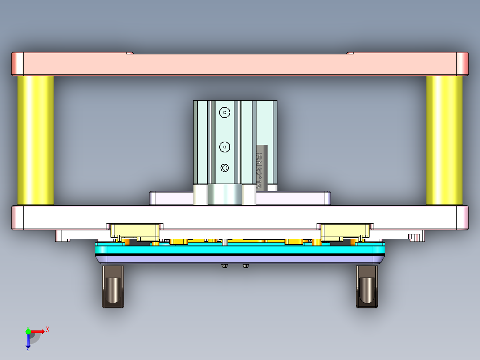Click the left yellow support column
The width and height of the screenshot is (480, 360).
point(36,140)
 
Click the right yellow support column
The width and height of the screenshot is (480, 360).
point(444,140)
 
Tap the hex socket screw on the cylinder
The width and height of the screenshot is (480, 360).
point(225,168)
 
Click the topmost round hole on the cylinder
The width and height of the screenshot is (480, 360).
point(225,113)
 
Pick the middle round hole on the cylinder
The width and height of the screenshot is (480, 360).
point(225,146)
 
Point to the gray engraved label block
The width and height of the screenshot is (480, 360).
point(261,167)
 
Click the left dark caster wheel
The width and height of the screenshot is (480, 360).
point(113,287)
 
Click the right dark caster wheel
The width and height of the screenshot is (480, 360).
point(367,287)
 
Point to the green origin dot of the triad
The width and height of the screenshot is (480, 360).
point(28,331)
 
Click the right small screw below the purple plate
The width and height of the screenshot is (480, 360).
point(246,266)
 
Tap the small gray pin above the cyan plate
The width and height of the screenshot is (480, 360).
point(225,242)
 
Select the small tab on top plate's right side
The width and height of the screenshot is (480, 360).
point(350,53)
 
